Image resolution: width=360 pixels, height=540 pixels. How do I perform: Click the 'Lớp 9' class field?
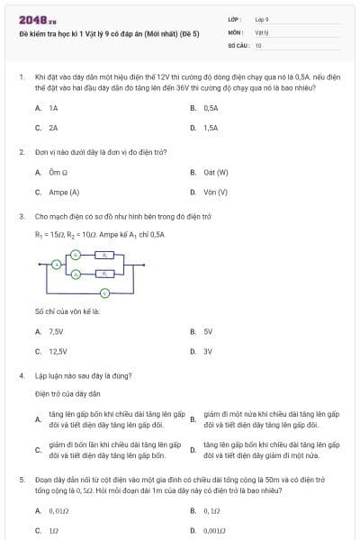262,19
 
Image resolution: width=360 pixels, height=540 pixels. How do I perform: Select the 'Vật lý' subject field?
261,31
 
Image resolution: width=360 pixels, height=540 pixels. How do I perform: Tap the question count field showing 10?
258,44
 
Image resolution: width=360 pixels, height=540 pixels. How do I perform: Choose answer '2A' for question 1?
53,128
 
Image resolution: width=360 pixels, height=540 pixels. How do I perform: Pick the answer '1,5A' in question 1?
211,128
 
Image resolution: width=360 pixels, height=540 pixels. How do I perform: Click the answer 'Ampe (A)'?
64,192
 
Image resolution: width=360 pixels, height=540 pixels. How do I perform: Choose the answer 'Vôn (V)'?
215,192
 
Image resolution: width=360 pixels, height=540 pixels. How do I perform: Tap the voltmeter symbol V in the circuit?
104,293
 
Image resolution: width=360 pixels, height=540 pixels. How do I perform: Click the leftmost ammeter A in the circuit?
56,265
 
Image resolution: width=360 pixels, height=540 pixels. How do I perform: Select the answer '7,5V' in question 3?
56,331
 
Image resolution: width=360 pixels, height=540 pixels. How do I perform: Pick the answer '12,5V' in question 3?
58,351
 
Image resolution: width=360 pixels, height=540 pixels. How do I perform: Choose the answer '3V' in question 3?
208,351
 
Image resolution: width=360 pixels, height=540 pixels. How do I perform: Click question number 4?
22,374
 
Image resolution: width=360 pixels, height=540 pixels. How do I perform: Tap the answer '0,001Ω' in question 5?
214,530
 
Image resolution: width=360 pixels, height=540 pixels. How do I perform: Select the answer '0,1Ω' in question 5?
211,510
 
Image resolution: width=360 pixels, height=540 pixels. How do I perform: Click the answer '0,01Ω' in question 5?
58,510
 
